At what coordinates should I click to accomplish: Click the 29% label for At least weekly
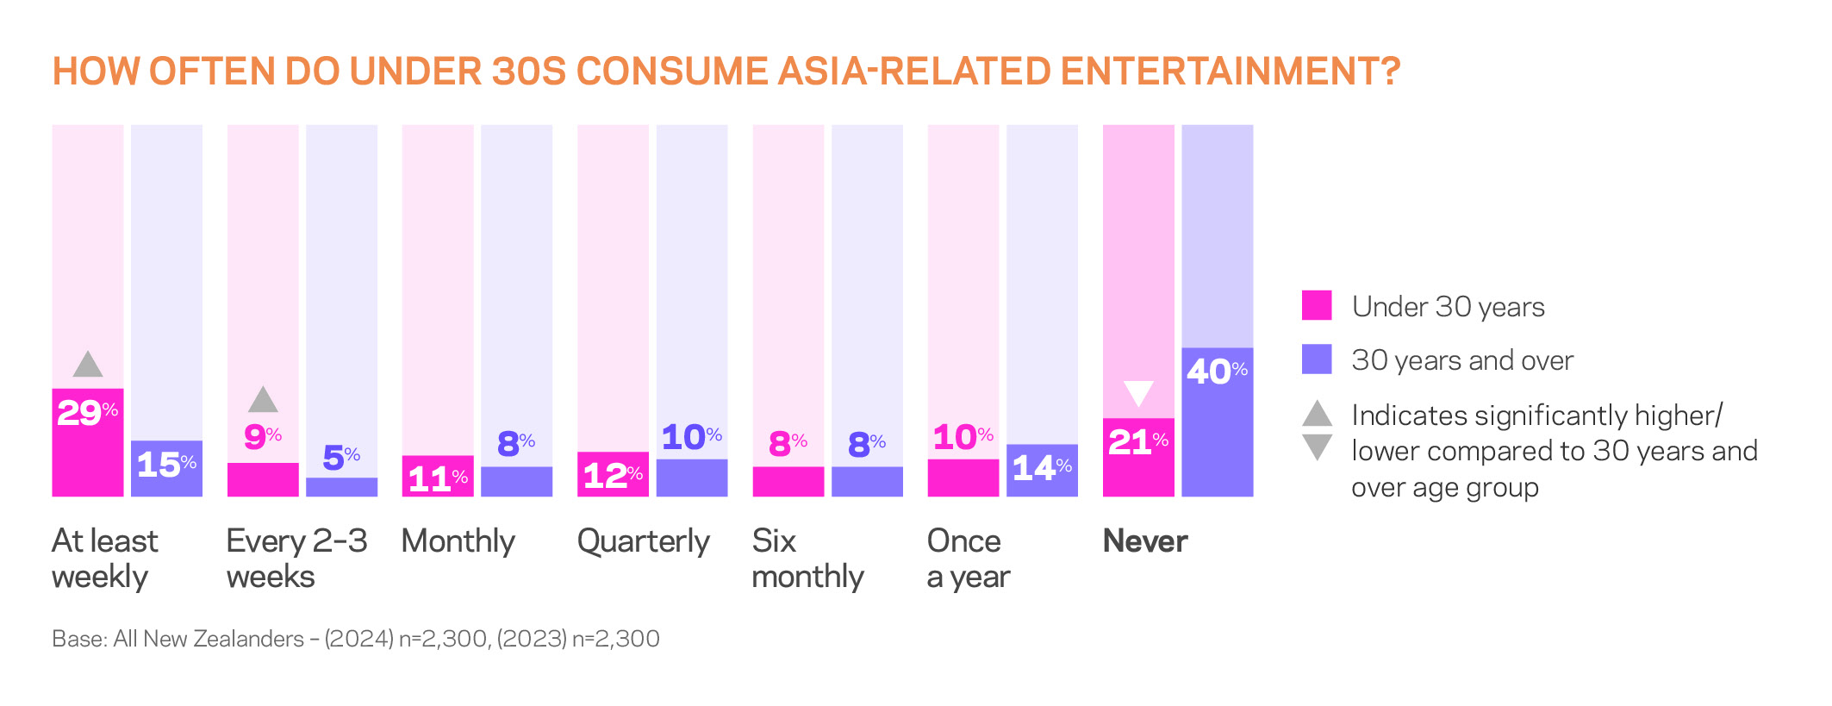pyautogui.click(x=87, y=413)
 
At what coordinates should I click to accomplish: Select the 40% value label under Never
pyautogui.click(x=1216, y=372)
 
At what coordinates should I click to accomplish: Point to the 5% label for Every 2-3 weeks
pyautogui.click(x=341, y=458)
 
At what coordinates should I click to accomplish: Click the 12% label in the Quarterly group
pyautogui.click(x=612, y=475)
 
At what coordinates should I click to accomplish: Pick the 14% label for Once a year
pyautogui.click(x=1041, y=468)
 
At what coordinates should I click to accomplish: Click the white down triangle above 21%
pyautogui.click(x=1138, y=393)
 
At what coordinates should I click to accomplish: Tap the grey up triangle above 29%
pyautogui.click(x=88, y=365)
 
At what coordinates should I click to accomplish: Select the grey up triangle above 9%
pyautogui.click(x=263, y=400)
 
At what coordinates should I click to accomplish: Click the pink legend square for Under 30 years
pyautogui.click(x=1316, y=305)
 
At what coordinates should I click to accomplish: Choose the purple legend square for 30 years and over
pyautogui.click(x=1316, y=359)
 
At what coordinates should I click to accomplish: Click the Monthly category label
pyautogui.click(x=458, y=541)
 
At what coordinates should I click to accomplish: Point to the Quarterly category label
pyautogui.click(x=643, y=541)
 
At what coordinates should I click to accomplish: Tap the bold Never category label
pyautogui.click(x=1144, y=541)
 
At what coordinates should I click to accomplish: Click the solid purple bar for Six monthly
pyautogui.click(x=867, y=482)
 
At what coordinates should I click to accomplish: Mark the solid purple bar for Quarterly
pyautogui.click(x=692, y=478)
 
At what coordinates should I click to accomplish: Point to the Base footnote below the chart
pyautogui.click(x=355, y=639)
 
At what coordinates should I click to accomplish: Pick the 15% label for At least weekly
pyautogui.click(x=166, y=465)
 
